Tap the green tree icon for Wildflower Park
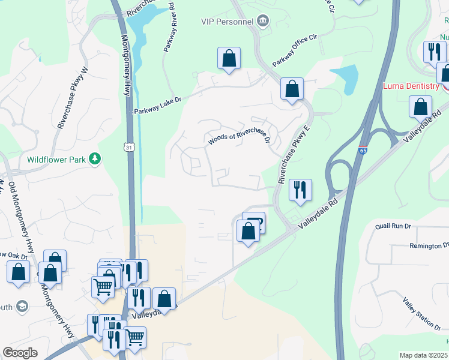pos(94,158)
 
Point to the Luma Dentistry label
pos(411,86)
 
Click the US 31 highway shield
pos(130,146)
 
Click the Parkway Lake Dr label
pos(158,109)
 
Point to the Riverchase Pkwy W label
pos(73,98)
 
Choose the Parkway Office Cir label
pos(294,51)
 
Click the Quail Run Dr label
pos(393,226)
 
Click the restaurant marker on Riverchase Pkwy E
pos(300,190)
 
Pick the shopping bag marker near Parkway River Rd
pos(229,59)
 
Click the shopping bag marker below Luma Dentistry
pos(421,107)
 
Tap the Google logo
pos(20,353)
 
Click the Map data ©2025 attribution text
pos(424,355)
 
